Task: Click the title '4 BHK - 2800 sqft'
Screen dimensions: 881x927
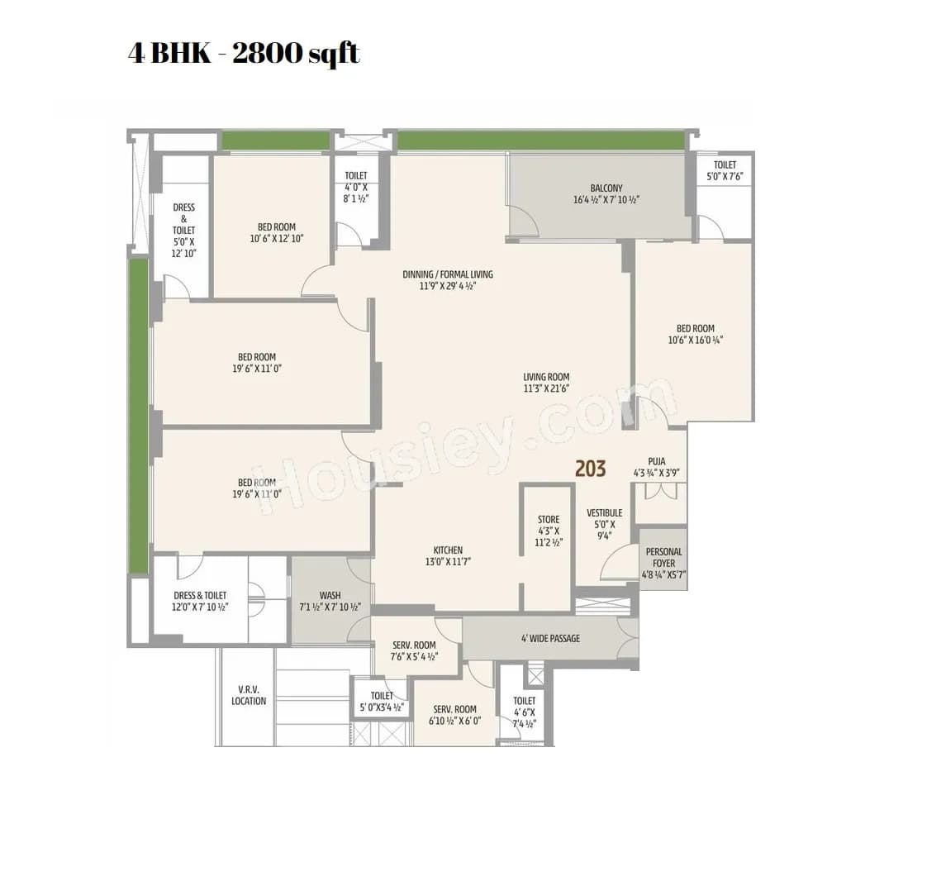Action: click(244, 54)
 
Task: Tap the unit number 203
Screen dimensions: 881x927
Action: click(590, 469)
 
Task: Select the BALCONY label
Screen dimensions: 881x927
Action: click(606, 188)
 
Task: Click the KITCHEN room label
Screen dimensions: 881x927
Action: click(448, 550)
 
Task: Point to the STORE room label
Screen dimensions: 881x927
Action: click(549, 520)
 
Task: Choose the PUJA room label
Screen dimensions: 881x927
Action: click(657, 462)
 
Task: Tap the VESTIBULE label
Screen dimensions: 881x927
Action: click(604, 513)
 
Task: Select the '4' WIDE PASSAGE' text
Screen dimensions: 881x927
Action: click(550, 638)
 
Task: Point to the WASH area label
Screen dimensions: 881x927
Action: click(330, 596)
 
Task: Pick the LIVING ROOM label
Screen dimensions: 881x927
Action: click(546, 377)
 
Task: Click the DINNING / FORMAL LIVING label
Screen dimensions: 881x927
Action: click(448, 274)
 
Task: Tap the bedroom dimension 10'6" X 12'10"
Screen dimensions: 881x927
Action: click(276, 238)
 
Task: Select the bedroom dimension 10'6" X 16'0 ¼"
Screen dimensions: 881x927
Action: click(695, 340)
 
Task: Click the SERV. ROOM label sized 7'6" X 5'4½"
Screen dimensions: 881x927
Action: click(414, 645)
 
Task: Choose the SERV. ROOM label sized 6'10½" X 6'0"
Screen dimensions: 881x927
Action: click(454, 709)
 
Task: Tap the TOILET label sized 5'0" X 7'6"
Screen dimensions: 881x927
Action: click(725, 165)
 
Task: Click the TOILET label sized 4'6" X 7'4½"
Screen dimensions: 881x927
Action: click(524, 701)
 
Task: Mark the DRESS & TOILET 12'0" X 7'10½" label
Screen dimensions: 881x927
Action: click(200, 595)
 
